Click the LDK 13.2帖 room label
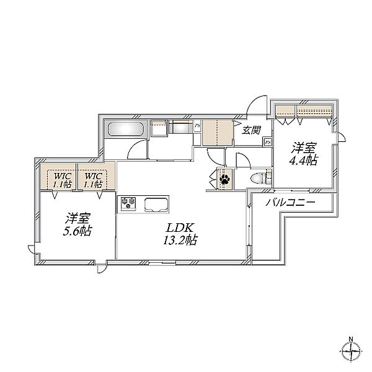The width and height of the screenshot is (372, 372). point(180,234)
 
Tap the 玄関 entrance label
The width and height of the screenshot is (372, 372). point(251,130)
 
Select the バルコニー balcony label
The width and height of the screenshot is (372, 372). point(290,202)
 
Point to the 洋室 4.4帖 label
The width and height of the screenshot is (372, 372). point(303,154)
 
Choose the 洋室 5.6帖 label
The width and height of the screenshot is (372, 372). point(77,224)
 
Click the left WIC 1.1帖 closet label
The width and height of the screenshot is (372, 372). point(62,180)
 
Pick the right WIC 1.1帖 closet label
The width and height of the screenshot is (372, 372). point(93,180)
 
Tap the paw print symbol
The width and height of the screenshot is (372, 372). point(224,179)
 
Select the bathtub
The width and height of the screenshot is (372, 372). point(126,129)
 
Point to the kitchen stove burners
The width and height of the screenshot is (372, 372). point(128,203)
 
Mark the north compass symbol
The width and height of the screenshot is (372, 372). point(351,351)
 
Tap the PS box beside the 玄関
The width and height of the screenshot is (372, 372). point(268,142)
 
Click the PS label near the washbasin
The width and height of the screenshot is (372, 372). point(197,126)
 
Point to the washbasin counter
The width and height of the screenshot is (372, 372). point(181,128)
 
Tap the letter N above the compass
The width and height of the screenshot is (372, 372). point(351,339)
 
